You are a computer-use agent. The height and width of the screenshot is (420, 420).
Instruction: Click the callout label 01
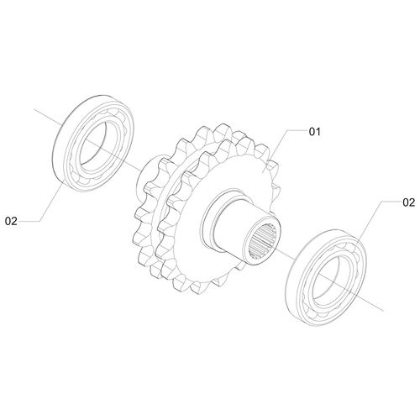tap(314, 132)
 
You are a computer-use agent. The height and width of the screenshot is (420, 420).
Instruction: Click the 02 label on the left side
tap(11, 221)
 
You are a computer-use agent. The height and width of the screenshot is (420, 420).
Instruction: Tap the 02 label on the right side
tap(408, 202)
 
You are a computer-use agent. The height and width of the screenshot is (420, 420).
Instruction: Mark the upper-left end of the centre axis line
tap(34, 109)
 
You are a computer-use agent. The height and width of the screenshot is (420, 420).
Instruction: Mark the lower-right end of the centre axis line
tap(383, 311)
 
